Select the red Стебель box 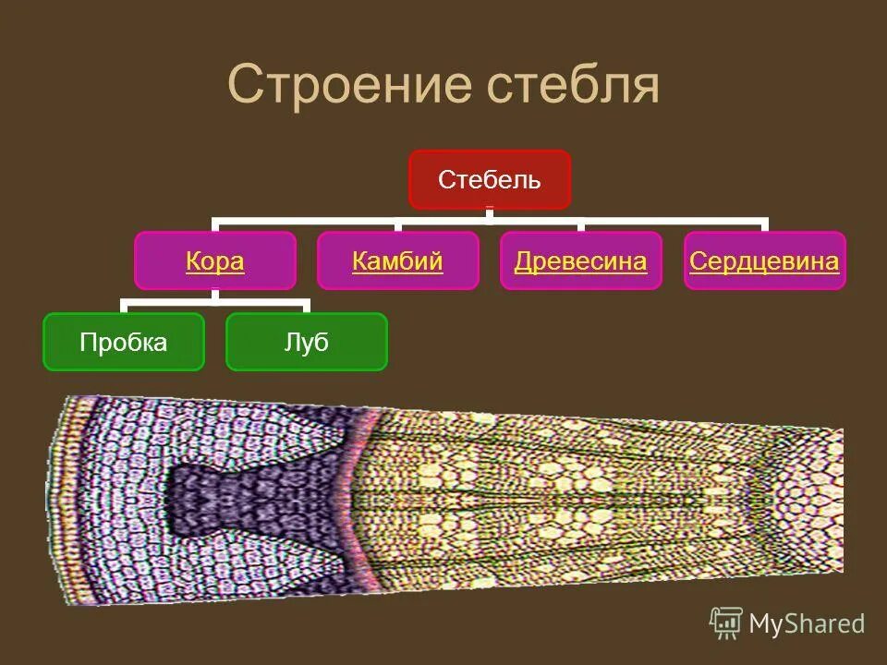click(x=490, y=180)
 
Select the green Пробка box click(x=123, y=343)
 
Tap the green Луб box click(x=307, y=343)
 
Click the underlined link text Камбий click(x=398, y=261)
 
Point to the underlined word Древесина click(x=580, y=261)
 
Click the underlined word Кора click(x=215, y=261)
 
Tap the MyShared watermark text click(x=807, y=624)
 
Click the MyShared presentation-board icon click(x=726, y=623)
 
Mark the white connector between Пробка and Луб click(x=215, y=302)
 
